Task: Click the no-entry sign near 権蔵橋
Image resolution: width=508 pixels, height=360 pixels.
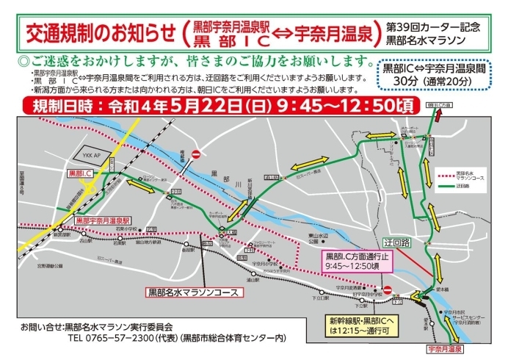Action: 196,155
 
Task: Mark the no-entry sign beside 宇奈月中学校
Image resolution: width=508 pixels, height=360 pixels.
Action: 390,289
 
